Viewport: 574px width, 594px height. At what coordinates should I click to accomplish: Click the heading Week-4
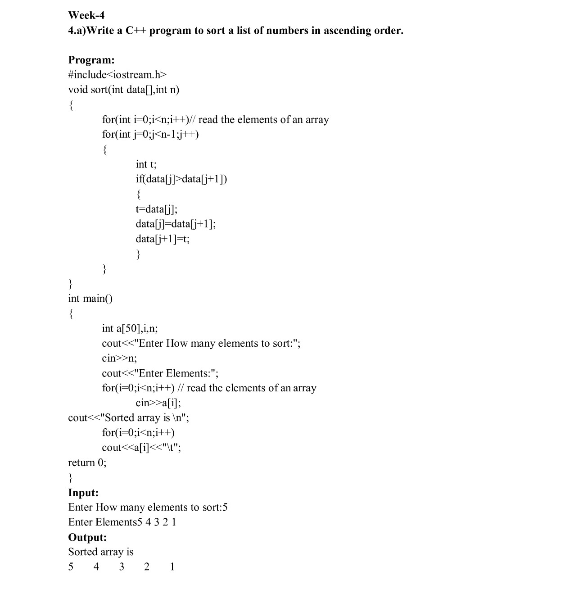point(86,15)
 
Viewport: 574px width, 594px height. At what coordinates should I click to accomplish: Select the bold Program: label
point(91,60)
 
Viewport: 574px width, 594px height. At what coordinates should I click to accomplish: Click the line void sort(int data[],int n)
point(123,90)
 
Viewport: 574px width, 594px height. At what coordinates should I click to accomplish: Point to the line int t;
point(146,164)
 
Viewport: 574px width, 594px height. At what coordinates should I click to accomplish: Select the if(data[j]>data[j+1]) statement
point(181,179)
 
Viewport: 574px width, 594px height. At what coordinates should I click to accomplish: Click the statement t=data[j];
point(156,209)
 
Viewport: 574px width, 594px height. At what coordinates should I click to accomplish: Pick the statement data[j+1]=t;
point(163,239)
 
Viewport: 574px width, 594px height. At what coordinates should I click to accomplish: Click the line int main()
point(90,299)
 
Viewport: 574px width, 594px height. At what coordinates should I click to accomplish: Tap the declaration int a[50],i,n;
point(130,328)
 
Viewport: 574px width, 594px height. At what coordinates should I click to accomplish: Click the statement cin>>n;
point(119,358)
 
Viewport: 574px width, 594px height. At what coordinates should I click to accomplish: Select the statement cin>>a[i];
point(158,403)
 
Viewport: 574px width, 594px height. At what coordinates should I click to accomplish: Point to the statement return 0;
point(87,463)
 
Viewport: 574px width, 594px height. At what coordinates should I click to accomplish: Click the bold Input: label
point(83,493)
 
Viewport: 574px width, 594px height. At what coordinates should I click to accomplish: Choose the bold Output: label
point(87,537)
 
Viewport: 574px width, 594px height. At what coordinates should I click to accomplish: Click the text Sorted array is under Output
point(101,552)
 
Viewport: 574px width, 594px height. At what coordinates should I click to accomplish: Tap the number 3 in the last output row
point(122,567)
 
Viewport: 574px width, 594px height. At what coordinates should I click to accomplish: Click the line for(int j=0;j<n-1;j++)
point(150,134)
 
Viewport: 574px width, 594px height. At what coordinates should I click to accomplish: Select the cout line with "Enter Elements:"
point(160,373)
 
